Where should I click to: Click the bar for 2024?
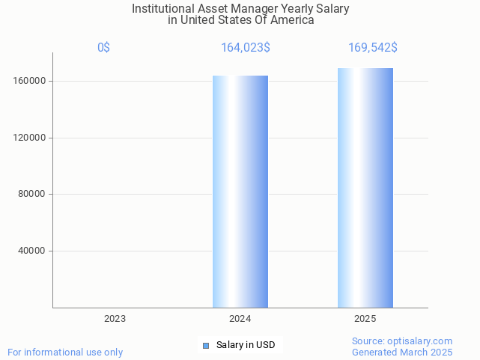point(240,192)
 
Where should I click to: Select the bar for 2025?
point(365,188)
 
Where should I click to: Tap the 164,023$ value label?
point(246,48)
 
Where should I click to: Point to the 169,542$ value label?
point(372,48)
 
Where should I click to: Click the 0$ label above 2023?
point(103,48)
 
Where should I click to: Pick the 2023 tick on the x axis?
point(115,319)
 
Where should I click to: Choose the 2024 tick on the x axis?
point(240,319)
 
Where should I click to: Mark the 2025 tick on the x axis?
point(365,319)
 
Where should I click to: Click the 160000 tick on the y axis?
point(30,81)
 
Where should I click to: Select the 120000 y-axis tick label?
point(30,138)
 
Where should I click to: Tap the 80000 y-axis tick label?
point(32,195)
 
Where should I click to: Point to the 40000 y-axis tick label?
point(32,251)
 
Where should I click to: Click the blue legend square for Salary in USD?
point(206,345)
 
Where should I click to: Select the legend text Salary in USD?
point(246,345)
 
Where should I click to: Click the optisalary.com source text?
point(402,341)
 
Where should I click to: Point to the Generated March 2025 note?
point(402,352)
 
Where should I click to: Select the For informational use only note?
point(65,352)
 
